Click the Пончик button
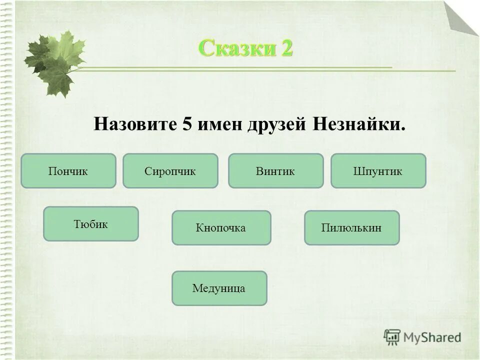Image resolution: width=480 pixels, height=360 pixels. click(x=68, y=171)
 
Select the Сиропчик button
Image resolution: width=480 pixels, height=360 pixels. click(x=170, y=171)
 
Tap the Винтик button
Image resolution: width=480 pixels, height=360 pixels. click(x=275, y=171)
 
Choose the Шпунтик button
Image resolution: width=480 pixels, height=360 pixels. click(x=378, y=171)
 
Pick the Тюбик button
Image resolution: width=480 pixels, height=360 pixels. click(x=91, y=224)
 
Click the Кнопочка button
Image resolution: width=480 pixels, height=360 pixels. click(x=221, y=228)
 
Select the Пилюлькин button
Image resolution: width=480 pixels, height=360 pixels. click(x=351, y=228)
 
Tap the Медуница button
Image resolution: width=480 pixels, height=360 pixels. click(x=219, y=288)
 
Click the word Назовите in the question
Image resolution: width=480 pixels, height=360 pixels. click(x=133, y=124)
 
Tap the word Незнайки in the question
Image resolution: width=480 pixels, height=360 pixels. click(x=358, y=124)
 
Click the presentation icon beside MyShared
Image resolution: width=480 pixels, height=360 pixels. click(x=392, y=337)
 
